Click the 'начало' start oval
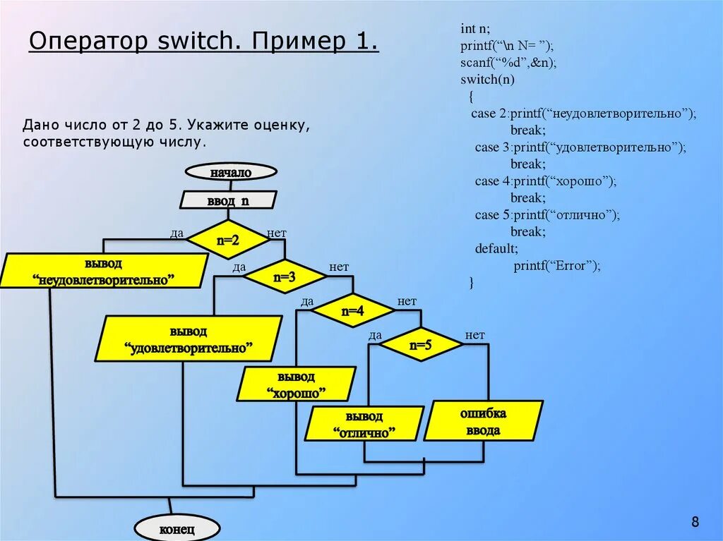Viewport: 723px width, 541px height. [x=231, y=172]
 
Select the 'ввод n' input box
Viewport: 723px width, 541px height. [x=228, y=201]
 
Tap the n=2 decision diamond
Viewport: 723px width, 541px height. [x=228, y=240]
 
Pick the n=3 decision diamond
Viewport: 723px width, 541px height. [x=284, y=277]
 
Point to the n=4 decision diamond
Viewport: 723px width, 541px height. [x=352, y=310]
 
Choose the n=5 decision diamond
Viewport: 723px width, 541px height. [x=420, y=345]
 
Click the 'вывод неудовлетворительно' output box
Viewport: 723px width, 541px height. [x=104, y=272]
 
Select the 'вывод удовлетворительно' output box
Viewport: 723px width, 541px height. [x=189, y=339]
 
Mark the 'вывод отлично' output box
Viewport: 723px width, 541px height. [x=365, y=424]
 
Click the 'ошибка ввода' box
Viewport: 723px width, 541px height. [x=484, y=421]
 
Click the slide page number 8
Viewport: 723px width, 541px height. [x=695, y=522]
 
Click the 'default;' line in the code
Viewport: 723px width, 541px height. [x=496, y=248]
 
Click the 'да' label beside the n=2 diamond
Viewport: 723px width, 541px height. [x=177, y=233]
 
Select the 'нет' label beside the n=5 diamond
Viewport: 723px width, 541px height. [x=475, y=335]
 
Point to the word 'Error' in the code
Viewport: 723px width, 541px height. [x=573, y=265]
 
